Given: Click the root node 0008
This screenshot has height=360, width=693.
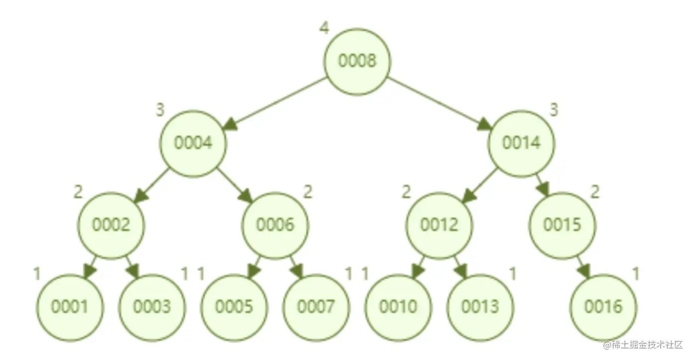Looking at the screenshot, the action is (357, 61).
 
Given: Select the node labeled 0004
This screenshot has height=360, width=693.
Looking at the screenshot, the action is (193, 143).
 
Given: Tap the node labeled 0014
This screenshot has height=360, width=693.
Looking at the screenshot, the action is (521, 143).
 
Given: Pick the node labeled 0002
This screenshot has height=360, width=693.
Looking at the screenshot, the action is (111, 225).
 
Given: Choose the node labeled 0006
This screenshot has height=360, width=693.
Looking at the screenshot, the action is (275, 225).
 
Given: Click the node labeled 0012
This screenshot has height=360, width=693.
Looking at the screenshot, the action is (439, 225).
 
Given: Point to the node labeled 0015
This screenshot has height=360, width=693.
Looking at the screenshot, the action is (562, 225).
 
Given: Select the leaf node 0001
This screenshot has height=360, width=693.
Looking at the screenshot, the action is (70, 307).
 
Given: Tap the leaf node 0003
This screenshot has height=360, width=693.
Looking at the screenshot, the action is (152, 307).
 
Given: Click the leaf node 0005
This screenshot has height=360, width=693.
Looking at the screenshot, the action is (234, 307).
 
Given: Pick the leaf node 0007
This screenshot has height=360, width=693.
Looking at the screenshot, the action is (316, 307).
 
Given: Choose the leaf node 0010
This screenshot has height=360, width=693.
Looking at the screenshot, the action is (398, 307).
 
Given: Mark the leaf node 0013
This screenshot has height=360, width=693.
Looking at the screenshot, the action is (480, 307).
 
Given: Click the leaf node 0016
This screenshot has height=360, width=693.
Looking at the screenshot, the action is (603, 307).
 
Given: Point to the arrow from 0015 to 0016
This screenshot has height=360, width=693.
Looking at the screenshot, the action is (582, 266).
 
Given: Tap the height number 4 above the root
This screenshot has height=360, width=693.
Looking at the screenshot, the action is (324, 28).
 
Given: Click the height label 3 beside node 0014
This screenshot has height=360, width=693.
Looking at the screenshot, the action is (554, 110).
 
